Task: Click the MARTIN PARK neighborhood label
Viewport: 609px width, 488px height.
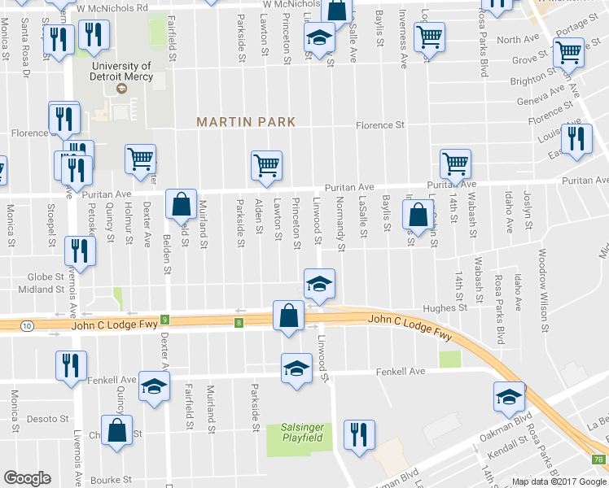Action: [245, 121]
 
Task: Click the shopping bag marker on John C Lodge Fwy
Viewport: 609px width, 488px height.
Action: [289, 316]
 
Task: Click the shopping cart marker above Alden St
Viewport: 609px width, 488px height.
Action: [266, 165]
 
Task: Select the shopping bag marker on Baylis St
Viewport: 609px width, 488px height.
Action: [418, 216]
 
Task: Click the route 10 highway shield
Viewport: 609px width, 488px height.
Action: [28, 325]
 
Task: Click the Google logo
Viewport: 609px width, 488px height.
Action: [27, 478]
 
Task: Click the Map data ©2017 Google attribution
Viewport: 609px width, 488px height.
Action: [559, 481]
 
